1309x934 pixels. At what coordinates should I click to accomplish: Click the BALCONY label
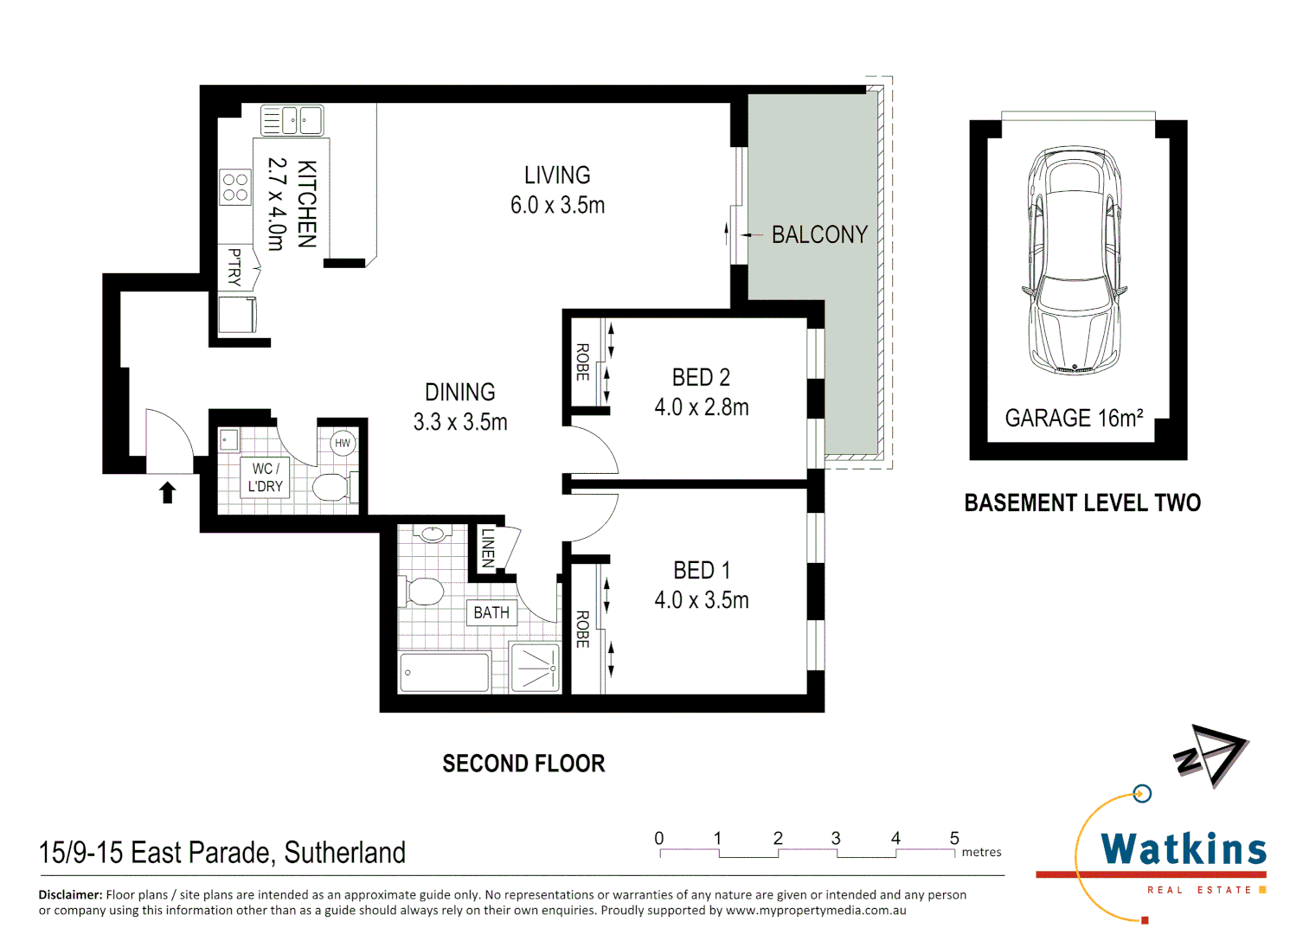point(818,234)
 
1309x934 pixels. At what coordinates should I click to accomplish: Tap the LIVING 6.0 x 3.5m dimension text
point(557,206)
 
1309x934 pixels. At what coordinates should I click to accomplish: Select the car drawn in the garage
point(1074,259)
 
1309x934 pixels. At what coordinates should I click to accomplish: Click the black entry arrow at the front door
point(168,492)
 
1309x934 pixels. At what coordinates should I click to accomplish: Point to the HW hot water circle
point(343,443)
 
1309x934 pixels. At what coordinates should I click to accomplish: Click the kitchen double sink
point(292,120)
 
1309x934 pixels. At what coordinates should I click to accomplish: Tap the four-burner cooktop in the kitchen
point(235,187)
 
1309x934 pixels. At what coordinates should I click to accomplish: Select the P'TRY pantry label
point(234,266)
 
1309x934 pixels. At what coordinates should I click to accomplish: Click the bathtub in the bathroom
point(445,672)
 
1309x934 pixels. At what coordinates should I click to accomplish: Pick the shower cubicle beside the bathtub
point(536,667)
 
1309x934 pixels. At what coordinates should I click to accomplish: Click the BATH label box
point(491,612)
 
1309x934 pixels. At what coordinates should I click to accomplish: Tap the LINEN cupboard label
point(488,547)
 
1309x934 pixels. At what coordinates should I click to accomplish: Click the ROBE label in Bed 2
point(583,361)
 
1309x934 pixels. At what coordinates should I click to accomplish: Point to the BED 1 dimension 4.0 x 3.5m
point(701,600)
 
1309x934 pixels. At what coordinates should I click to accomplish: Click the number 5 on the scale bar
point(954,838)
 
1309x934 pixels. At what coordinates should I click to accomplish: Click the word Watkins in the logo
point(1183,849)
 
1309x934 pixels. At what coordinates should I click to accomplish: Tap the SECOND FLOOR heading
point(523,764)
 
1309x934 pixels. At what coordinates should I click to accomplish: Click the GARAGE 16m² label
point(1074,419)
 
